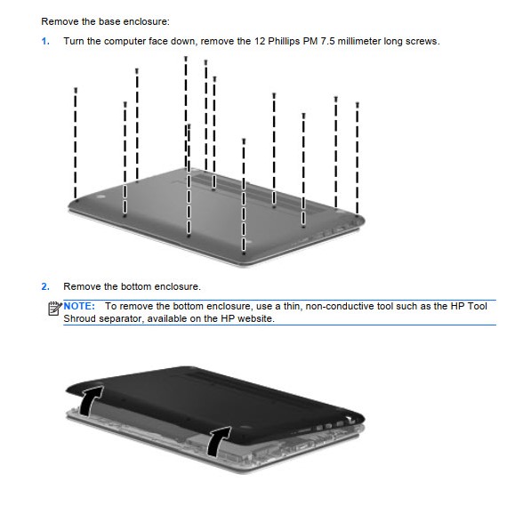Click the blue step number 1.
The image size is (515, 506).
[x=45, y=42]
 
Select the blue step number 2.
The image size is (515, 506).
[x=45, y=286]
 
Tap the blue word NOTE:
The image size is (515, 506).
[x=79, y=306]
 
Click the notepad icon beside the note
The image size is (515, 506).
[x=54, y=309]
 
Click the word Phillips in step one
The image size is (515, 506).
[x=283, y=42]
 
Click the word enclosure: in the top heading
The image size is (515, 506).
[x=149, y=21]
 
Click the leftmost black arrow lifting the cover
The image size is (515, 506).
[x=90, y=400]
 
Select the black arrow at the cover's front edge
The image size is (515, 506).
[x=218, y=442]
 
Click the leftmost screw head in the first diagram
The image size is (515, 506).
[x=76, y=90]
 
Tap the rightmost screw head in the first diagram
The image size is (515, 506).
[x=358, y=105]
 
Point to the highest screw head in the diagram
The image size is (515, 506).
[x=186, y=59]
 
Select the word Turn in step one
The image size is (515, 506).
[x=74, y=42]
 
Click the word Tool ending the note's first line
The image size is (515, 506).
[x=478, y=306]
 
